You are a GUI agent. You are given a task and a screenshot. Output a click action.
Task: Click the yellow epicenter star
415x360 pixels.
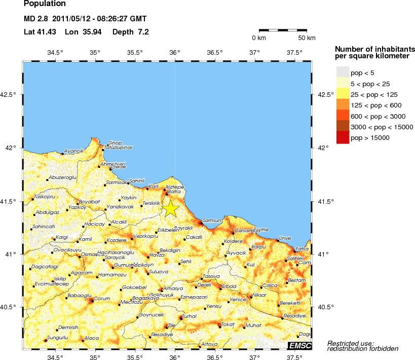click(171, 208)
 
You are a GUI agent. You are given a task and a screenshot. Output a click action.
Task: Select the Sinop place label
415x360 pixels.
click(115, 143)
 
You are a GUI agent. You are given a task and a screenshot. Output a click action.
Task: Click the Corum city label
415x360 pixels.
click(102, 299)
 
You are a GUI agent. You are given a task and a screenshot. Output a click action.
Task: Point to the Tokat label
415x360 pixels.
click(229, 324)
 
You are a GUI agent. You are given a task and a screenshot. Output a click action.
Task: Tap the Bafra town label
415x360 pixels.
click(174, 192)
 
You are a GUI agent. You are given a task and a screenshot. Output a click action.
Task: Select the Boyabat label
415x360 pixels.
click(89, 201)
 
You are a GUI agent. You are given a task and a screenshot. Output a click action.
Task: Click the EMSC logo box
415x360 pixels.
click(300, 345)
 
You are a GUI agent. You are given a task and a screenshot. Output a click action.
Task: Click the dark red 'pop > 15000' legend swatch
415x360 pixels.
click(343, 137)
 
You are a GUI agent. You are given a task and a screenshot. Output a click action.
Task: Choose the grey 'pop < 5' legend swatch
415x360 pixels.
click(343, 73)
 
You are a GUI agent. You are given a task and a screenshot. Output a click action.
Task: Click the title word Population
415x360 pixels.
click(45, 4)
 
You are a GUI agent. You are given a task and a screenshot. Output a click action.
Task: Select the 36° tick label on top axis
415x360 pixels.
click(175, 52)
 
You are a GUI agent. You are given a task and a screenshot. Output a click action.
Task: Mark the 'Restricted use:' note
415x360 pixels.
click(350, 343)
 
